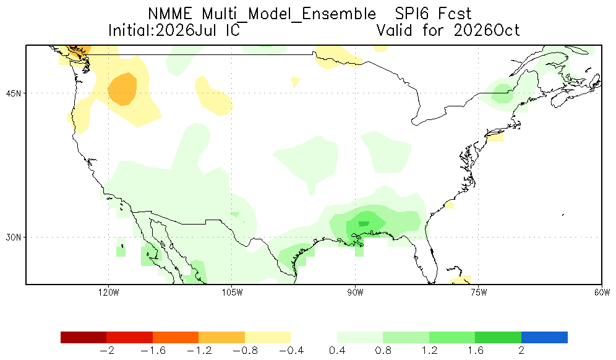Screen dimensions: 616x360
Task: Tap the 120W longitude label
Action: click(109, 293)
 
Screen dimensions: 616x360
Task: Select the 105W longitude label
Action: click(232, 293)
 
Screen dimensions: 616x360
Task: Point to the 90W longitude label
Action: click(356, 293)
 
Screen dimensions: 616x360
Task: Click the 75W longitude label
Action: click(479, 293)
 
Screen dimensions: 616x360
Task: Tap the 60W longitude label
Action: click(602, 293)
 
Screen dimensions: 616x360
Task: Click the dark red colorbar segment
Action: click(83, 337)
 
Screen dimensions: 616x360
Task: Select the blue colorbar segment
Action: click(544, 337)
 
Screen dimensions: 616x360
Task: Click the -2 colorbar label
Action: click(107, 350)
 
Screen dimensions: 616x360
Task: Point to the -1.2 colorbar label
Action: click(199, 350)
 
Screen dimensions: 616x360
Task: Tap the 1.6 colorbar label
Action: click(476, 350)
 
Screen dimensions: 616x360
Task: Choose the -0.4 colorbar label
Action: click(291, 350)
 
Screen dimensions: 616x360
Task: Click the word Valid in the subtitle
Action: click(394, 30)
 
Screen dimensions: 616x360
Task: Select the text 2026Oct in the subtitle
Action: click(487, 30)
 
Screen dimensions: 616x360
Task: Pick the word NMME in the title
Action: click(170, 14)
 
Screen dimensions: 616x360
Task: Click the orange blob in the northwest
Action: click(122, 89)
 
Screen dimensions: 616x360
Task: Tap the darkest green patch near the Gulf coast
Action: click(364, 224)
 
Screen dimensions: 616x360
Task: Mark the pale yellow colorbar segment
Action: click(268, 337)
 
